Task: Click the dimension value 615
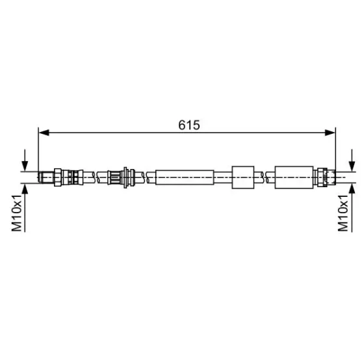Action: tap(189, 125)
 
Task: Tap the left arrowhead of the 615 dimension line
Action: tap(44, 133)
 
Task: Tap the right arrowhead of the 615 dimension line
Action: tap(330, 133)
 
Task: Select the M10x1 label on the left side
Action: tap(17, 213)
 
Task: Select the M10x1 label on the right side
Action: tap(343, 213)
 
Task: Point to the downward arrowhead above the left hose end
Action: tap(25, 166)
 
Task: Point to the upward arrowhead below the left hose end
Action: tap(25, 188)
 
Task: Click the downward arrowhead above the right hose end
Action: tap(352, 166)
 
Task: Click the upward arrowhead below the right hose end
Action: tap(352, 188)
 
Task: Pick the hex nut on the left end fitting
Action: tap(58, 177)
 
